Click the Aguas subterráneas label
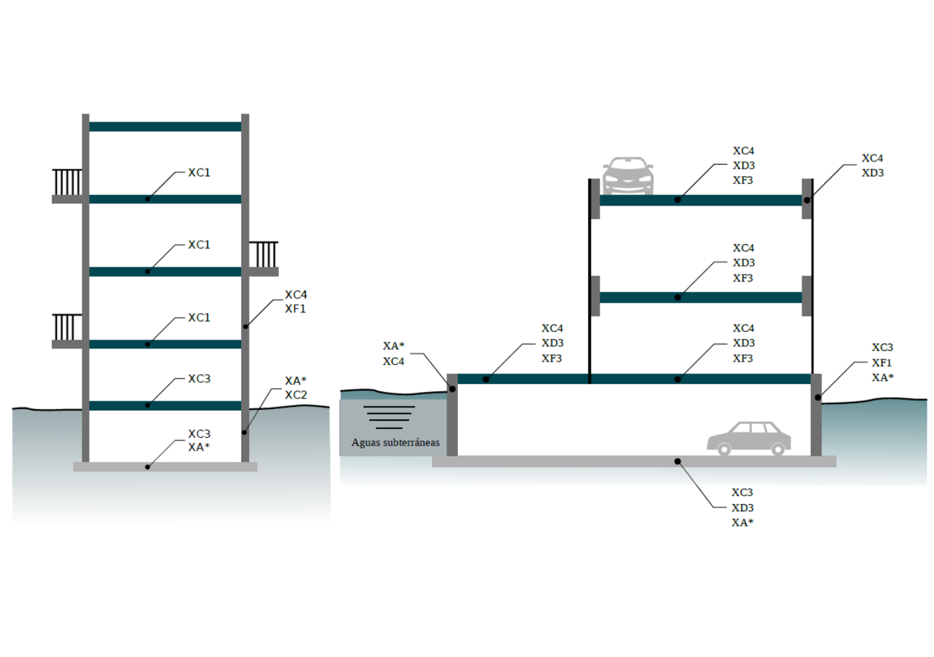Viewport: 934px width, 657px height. pos(395,442)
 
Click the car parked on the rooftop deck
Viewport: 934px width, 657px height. pos(628,176)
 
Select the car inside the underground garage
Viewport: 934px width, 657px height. pos(749,438)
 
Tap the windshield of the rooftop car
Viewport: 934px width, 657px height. pos(627,164)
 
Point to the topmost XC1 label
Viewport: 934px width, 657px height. pos(199,172)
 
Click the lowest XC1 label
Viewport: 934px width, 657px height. pos(199,318)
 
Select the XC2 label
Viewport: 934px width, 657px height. pos(295,395)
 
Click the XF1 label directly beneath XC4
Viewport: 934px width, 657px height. pos(295,309)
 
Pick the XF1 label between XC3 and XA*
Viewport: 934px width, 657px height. pos(882,363)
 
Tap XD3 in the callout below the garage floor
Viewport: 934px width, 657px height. pos(743,508)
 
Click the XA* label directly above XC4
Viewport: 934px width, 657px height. pos(393,346)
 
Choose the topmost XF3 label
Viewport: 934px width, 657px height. pos(743,180)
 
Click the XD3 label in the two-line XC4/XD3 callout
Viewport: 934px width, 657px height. pos(872,173)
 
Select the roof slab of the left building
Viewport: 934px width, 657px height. pos(165,127)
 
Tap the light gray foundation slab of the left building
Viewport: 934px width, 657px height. pos(165,467)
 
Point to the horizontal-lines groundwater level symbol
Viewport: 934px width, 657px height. pos(389,417)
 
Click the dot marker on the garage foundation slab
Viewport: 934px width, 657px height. pos(678,461)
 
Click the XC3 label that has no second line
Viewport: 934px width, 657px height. pos(199,379)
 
